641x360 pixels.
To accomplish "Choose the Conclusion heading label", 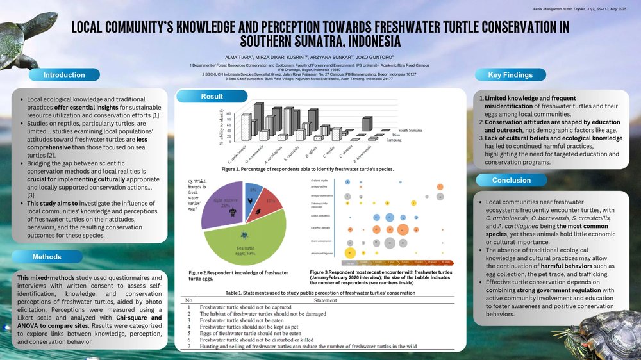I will pos(512,180).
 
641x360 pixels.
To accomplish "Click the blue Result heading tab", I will pos(212,97).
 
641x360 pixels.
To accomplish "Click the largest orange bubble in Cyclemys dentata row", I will pos(404,229).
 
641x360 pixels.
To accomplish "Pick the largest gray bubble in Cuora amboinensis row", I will pos(390,242).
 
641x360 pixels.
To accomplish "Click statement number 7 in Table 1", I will pos(189,346).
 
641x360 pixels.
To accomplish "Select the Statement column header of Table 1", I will pos(326,300).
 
